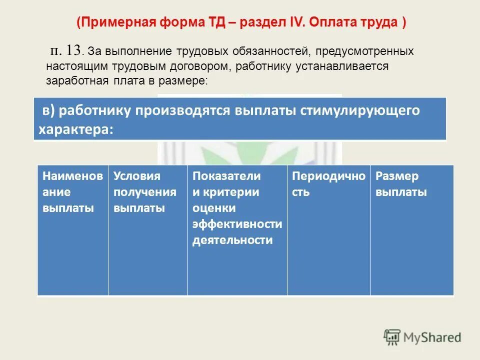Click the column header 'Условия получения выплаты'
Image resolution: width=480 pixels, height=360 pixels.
(145, 192)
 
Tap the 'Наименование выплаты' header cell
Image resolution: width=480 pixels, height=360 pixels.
(73, 192)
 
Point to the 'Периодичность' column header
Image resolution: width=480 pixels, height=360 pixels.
(328, 184)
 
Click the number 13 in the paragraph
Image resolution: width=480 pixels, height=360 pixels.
(73, 50)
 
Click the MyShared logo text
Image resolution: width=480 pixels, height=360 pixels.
(432, 337)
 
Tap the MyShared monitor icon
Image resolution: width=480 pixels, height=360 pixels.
(392, 337)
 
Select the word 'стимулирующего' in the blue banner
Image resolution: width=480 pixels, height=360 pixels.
(359, 110)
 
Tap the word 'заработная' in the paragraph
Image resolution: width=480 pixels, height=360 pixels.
(74, 80)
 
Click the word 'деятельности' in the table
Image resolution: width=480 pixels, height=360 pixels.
(233, 240)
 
